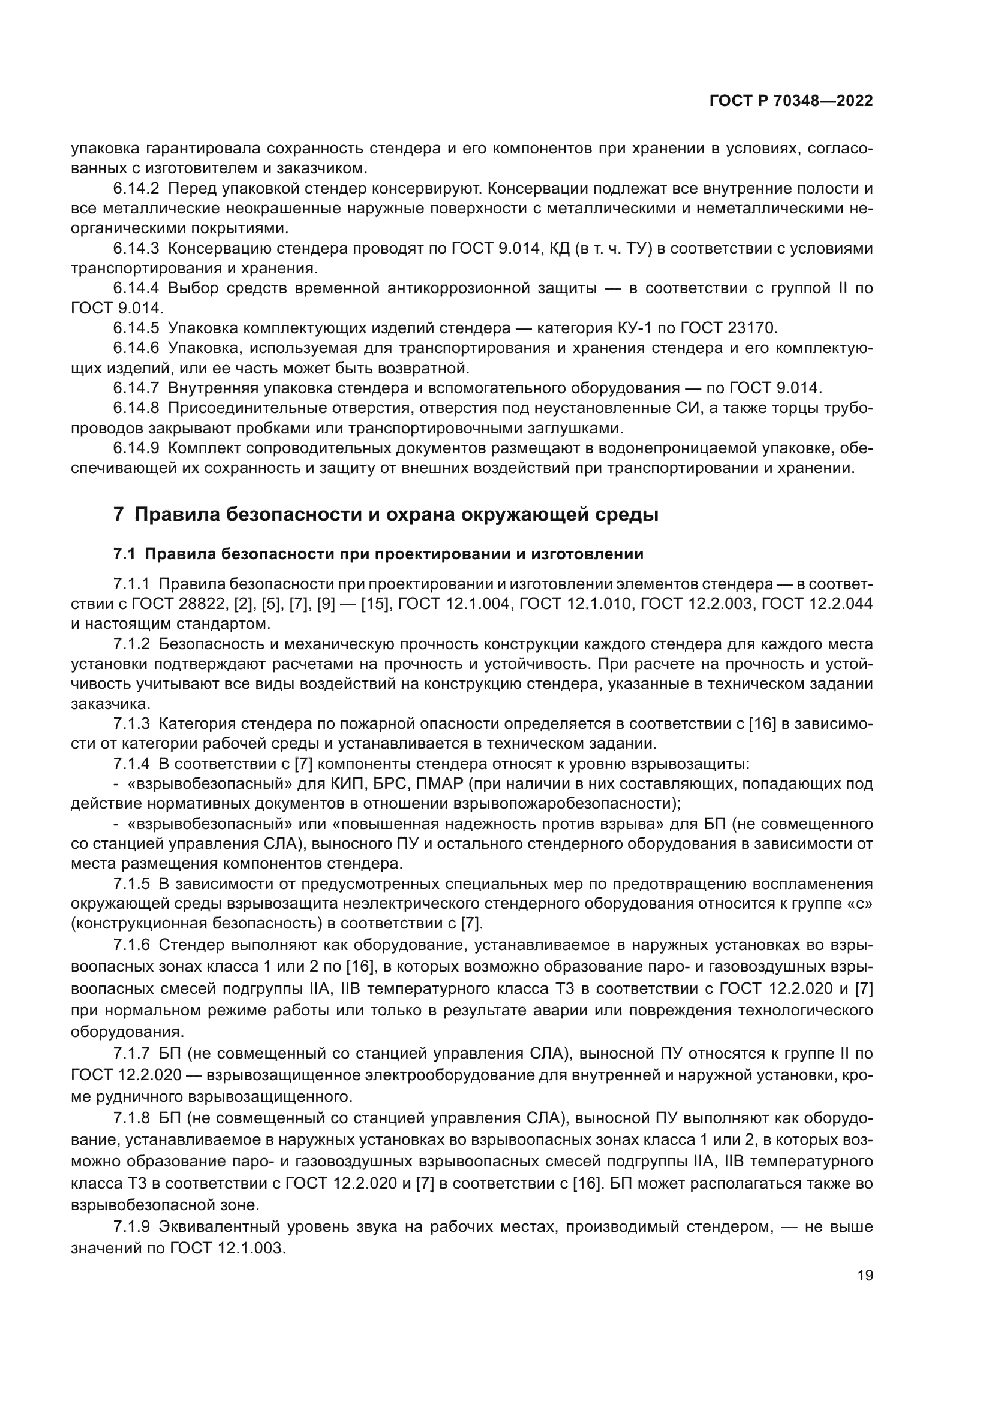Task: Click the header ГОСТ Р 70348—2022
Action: [x=791, y=101]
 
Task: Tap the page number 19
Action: [x=865, y=1276]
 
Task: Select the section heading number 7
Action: [x=119, y=515]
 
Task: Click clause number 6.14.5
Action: [x=136, y=328]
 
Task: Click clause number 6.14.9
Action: [x=136, y=448]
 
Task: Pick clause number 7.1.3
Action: [x=131, y=724]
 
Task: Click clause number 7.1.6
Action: [x=131, y=945]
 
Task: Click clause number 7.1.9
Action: [x=131, y=1228]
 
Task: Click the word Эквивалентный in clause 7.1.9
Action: [x=218, y=1228]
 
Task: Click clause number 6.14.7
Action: [x=136, y=388]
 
